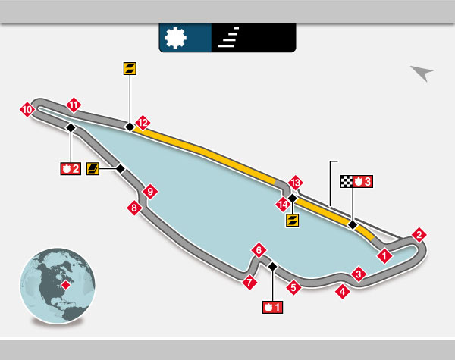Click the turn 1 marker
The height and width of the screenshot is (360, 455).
tap(385, 255)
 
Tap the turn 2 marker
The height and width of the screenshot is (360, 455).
tap(418, 235)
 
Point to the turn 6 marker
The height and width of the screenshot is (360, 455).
tap(259, 250)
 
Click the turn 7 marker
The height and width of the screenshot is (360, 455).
tap(248, 283)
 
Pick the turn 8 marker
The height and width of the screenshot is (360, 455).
tap(135, 208)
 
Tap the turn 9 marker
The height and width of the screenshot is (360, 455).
tap(150, 191)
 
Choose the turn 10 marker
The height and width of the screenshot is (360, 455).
tap(27, 111)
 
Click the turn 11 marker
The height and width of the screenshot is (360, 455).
tap(74, 105)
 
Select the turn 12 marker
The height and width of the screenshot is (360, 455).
tap(142, 121)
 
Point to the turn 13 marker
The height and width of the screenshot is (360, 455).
tap(296, 183)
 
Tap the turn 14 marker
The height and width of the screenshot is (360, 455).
tap(282, 204)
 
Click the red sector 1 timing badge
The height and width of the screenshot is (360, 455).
tap(271, 307)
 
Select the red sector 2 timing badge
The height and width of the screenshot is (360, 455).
tap(70, 168)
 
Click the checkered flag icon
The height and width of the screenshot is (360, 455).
tap(347, 181)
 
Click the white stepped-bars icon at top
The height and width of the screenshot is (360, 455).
tap(227, 37)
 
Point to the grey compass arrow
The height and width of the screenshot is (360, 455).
tap(422, 73)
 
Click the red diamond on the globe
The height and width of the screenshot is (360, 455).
tap(66, 285)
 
